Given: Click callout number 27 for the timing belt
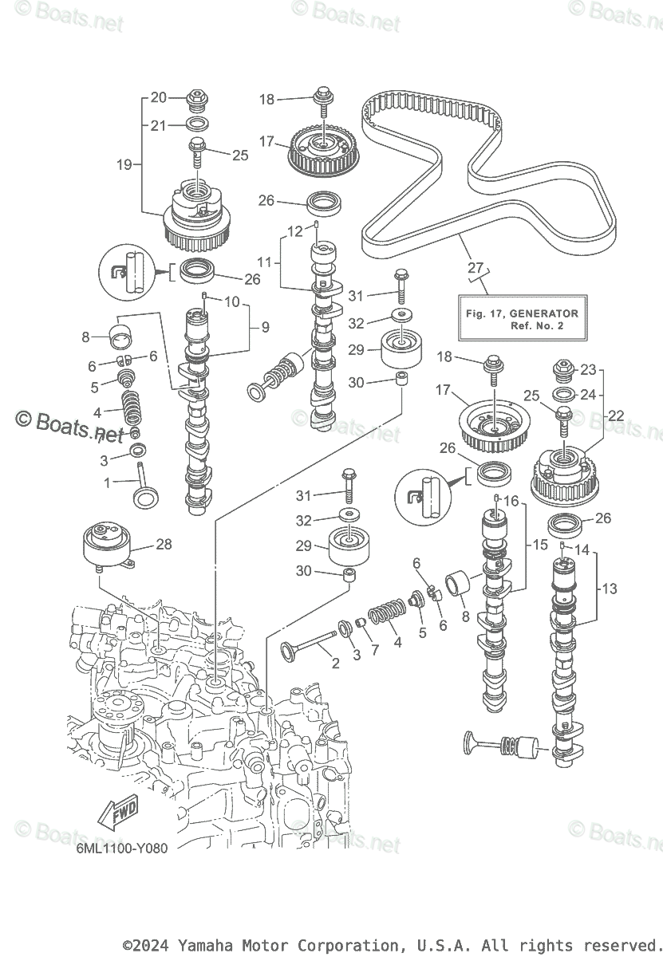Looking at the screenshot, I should point(476,267).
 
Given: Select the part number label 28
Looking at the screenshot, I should point(164,544).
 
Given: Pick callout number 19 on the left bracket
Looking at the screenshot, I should point(124,166).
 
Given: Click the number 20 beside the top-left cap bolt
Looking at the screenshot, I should point(159,97).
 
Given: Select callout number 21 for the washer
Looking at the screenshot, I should point(159,125).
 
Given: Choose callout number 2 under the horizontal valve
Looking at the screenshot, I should point(335,663).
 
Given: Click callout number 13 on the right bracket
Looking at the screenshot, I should point(610,589).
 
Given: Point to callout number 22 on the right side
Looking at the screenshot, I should point(615,415).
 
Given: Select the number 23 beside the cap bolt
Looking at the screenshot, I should point(588,369).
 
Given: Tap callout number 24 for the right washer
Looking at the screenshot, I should point(588,394).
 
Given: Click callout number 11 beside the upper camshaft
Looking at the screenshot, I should point(264,261).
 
